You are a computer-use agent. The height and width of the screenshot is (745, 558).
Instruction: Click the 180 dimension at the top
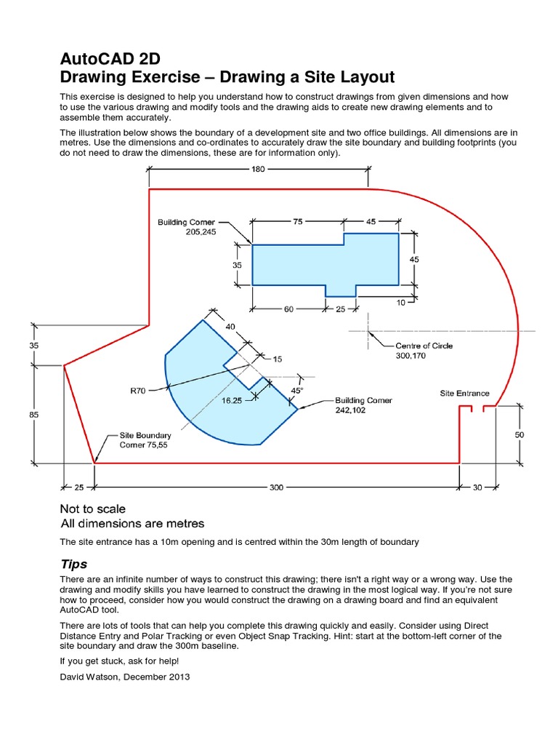(259, 169)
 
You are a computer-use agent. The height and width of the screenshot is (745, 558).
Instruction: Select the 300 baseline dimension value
(276, 487)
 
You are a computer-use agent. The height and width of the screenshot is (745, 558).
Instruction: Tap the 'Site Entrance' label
(464, 393)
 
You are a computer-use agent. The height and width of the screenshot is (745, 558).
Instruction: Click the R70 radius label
(138, 391)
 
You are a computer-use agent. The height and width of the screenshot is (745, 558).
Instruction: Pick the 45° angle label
(296, 390)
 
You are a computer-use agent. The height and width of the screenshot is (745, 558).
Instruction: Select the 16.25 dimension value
(232, 400)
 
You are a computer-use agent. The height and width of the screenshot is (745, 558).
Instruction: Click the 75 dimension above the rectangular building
(298, 222)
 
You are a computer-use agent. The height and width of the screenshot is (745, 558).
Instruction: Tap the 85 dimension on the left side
(34, 414)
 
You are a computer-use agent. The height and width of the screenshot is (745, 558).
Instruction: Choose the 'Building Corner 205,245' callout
(187, 227)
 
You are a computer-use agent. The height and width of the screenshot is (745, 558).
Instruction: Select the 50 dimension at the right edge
(520, 434)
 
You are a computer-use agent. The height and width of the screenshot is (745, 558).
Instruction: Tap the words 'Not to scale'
(92, 509)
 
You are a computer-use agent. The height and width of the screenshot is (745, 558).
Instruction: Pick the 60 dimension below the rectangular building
(288, 309)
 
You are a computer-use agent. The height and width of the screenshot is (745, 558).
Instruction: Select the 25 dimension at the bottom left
(79, 487)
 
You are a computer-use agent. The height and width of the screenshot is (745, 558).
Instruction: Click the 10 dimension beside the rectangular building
(400, 303)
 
